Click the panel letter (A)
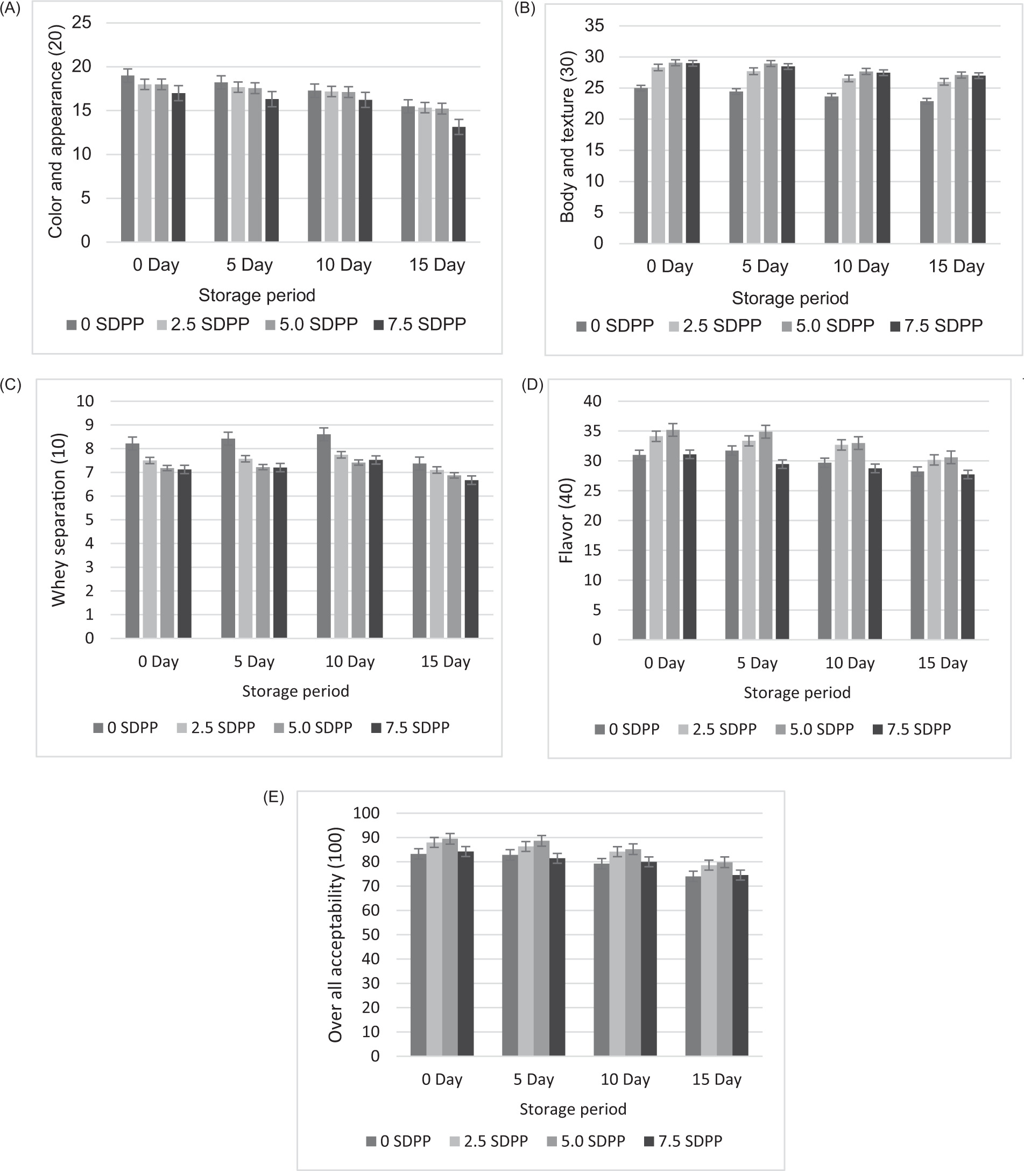click(10, 10)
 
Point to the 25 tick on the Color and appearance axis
click(82, 23)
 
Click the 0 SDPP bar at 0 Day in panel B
click(640, 165)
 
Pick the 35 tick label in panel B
click(594, 26)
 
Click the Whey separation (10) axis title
click(59, 519)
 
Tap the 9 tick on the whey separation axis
click(89, 425)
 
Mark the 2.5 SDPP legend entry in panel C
click(216, 728)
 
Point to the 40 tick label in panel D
click(592, 401)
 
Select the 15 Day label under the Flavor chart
click(942, 663)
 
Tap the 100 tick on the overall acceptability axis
click(366, 813)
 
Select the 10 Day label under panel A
click(343, 265)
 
